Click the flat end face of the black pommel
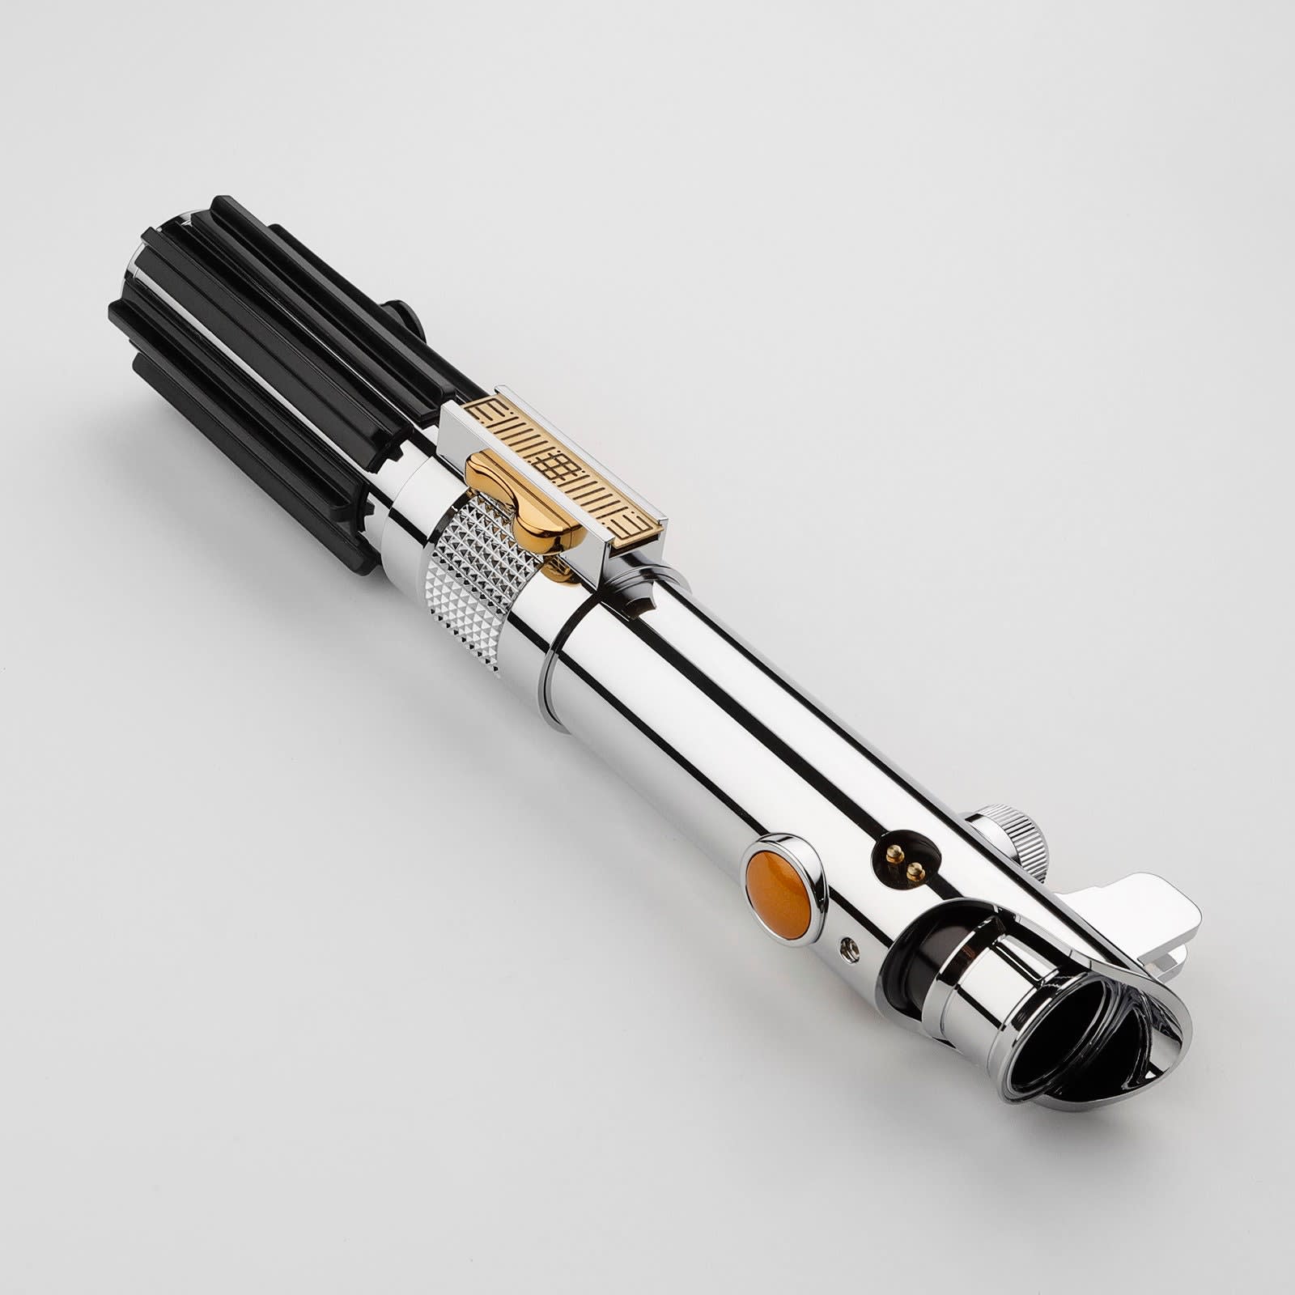click(x=154, y=267)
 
